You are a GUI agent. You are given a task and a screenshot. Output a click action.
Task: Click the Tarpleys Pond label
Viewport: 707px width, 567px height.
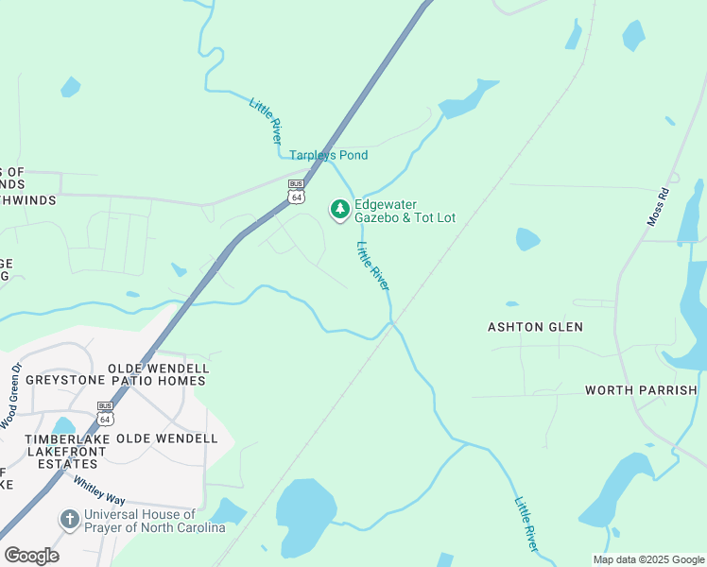click(x=328, y=155)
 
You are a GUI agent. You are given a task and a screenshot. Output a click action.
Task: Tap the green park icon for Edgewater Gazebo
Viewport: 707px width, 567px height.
click(x=339, y=210)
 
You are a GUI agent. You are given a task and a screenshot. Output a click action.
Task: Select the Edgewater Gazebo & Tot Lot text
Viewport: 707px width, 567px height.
click(x=405, y=211)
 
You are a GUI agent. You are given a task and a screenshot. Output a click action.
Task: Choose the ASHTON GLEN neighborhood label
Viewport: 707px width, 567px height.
click(x=535, y=327)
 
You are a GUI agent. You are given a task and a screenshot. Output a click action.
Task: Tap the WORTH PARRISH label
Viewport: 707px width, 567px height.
click(x=641, y=389)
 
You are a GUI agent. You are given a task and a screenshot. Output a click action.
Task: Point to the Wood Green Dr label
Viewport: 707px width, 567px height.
click(x=12, y=396)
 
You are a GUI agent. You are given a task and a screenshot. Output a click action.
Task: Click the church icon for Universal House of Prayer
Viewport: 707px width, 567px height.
click(x=68, y=519)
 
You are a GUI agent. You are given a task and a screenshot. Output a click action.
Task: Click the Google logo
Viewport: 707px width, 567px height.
click(x=31, y=555)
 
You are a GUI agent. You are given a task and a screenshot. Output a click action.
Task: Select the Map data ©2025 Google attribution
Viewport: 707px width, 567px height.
click(x=647, y=559)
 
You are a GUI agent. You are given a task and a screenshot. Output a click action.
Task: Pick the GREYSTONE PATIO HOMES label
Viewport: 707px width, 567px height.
click(x=115, y=381)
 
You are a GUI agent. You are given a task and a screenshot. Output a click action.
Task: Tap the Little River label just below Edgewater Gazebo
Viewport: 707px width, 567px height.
click(x=373, y=266)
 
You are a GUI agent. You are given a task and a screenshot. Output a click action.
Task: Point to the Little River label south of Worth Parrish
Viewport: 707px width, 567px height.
click(x=526, y=524)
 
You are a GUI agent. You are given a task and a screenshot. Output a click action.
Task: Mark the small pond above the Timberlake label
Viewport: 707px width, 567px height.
click(x=63, y=425)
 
